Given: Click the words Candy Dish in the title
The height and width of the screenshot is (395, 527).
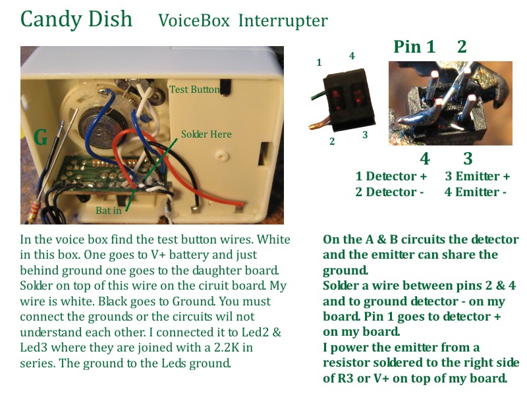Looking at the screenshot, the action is [x=76, y=20].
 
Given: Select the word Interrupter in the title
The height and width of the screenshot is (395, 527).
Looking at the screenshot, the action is [x=283, y=21].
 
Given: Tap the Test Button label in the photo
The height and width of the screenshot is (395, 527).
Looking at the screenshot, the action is [x=194, y=90].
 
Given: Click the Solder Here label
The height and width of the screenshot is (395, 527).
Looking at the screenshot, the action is [x=206, y=134].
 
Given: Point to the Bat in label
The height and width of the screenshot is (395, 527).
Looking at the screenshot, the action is [x=108, y=211].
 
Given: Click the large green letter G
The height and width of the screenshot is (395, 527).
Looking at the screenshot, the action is [x=41, y=137].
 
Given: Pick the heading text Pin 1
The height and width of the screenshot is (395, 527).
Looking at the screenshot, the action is [x=414, y=47].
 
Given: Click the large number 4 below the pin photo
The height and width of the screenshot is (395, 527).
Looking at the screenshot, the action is [x=425, y=159].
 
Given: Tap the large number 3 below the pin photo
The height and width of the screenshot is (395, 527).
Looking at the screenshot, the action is [x=468, y=159].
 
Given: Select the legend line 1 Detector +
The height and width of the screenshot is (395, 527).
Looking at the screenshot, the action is [x=391, y=176].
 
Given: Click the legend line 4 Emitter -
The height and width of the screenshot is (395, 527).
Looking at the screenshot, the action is [x=475, y=192].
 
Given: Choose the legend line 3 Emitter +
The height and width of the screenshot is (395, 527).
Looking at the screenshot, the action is [x=478, y=176].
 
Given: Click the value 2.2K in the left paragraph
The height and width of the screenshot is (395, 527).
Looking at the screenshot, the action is [x=227, y=348].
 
